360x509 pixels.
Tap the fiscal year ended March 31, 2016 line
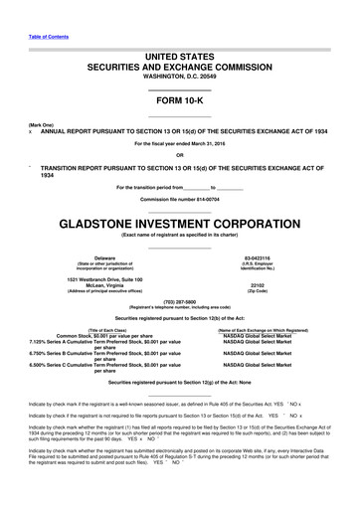pyautogui.click(x=179, y=143)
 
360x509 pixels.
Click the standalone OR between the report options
pyautogui.click(x=179, y=154)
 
